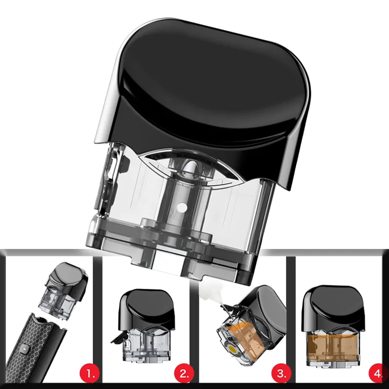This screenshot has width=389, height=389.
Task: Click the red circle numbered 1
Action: (x=89, y=373)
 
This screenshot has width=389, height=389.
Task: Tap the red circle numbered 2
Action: (x=184, y=373)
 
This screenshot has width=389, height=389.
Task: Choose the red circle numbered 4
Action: (x=378, y=373)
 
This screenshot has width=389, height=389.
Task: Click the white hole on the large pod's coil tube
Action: (x=183, y=207)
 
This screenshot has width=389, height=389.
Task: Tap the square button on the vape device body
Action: (x=24, y=349)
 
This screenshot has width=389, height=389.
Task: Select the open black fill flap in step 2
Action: (x=117, y=339)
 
